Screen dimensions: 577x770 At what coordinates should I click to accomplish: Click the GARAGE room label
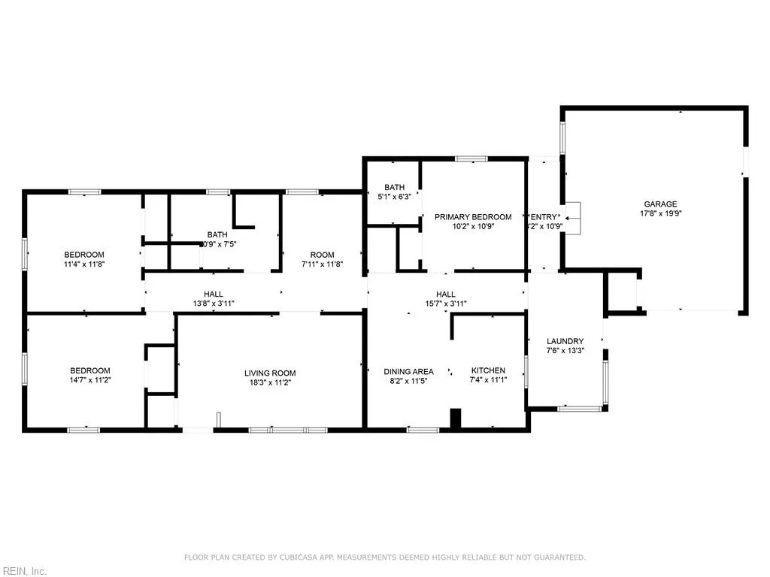pyautogui.click(x=660, y=204)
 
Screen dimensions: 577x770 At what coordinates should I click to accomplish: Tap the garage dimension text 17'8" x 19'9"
pyautogui.click(x=660, y=213)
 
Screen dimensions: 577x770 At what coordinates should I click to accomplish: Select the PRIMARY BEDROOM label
pyautogui.click(x=473, y=217)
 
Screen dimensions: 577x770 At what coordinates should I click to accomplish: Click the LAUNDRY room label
pyautogui.click(x=565, y=341)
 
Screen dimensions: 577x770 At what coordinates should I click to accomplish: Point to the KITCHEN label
pyautogui.click(x=488, y=370)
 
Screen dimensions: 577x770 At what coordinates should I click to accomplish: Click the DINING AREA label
pyautogui.click(x=408, y=371)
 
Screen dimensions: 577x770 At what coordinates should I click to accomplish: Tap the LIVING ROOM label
pyautogui.click(x=270, y=373)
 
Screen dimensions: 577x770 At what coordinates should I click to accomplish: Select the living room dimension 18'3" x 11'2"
pyautogui.click(x=270, y=382)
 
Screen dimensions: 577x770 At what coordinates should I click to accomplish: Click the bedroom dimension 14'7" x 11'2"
pyautogui.click(x=90, y=380)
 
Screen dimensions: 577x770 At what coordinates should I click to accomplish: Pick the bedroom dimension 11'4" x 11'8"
pyautogui.click(x=83, y=264)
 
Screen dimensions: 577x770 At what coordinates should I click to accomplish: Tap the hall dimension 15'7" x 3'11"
pyautogui.click(x=446, y=304)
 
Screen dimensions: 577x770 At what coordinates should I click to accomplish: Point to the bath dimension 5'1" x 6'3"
pyautogui.click(x=394, y=197)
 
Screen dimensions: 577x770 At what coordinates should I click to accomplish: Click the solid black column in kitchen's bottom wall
pyautogui.click(x=455, y=419)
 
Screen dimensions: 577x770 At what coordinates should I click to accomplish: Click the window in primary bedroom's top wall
pyautogui.click(x=471, y=159)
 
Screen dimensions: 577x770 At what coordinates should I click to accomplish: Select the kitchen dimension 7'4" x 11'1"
pyautogui.click(x=489, y=380)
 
